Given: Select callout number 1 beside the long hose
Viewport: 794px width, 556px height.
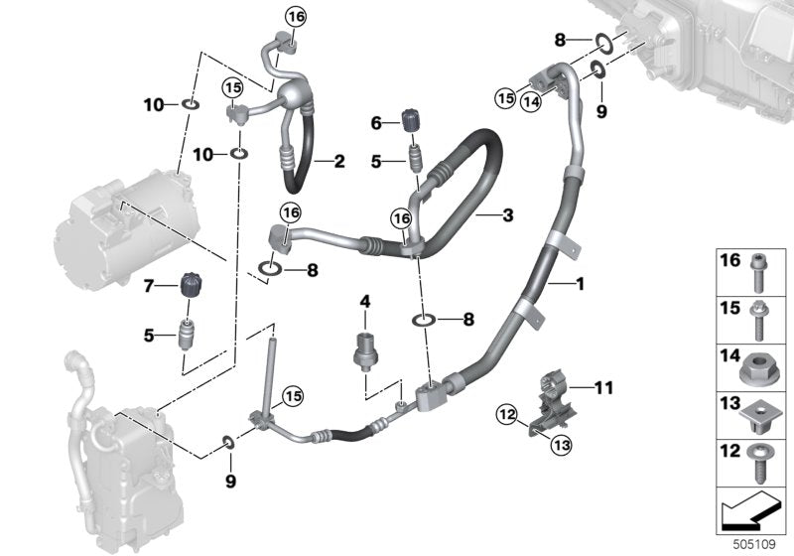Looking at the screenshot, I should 581,286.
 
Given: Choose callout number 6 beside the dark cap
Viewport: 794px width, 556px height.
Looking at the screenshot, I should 375,122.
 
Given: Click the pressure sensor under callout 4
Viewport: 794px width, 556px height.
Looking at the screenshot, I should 366,347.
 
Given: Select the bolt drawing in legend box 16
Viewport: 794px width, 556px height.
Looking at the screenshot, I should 756,268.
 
